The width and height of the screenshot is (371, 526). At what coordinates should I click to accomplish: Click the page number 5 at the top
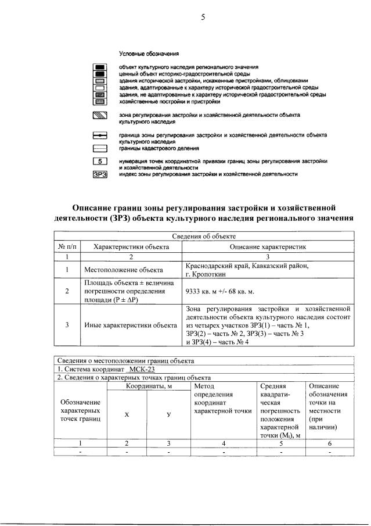click(203, 17)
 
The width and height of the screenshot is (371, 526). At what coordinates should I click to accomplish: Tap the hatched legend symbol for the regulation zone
click(100, 116)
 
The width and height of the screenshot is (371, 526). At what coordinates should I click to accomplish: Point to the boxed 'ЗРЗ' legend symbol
click(100, 173)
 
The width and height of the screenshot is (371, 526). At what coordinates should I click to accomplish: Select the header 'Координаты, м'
click(149, 386)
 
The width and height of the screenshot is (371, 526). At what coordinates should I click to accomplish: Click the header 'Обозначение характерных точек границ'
click(80, 410)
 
